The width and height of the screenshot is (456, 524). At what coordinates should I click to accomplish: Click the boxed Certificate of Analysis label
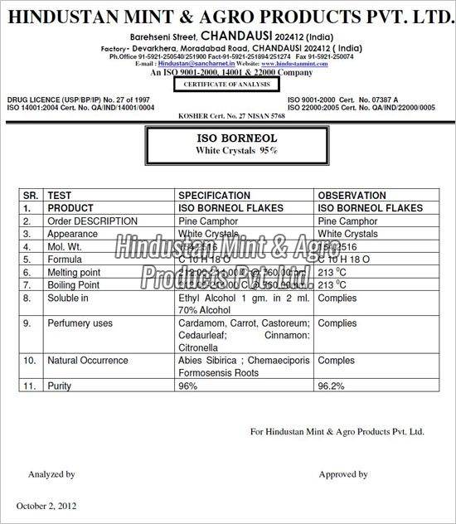(228, 85)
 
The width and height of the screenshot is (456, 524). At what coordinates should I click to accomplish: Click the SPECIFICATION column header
(214, 196)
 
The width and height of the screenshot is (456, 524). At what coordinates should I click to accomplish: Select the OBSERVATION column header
(352, 196)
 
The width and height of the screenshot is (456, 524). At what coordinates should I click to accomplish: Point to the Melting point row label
(74, 272)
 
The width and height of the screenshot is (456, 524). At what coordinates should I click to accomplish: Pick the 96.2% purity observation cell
(332, 386)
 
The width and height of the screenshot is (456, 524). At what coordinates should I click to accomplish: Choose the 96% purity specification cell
(188, 386)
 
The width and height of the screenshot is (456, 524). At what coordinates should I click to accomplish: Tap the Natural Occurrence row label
(87, 361)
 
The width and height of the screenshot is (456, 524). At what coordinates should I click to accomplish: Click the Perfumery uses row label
(80, 323)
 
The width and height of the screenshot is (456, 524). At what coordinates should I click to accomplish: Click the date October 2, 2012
(48, 506)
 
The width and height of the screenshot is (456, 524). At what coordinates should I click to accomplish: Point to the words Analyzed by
(51, 474)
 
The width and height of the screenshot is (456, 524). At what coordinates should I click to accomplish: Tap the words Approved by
(343, 474)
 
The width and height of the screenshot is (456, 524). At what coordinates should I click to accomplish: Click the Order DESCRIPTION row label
(92, 221)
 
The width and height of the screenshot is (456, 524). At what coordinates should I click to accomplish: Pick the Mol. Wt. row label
(65, 247)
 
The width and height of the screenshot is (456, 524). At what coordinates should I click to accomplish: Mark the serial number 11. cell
(29, 386)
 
